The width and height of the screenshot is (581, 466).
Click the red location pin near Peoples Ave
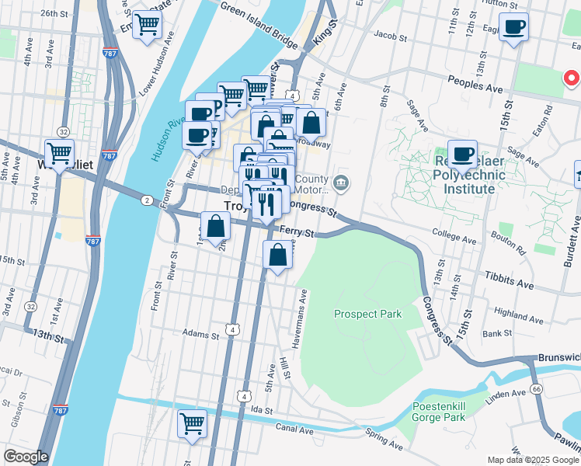571,78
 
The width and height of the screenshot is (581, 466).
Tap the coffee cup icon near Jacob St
513,28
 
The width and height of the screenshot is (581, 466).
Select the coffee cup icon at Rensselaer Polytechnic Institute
463,155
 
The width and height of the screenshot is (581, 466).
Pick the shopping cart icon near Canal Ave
192,424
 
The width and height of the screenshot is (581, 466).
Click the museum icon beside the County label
341,183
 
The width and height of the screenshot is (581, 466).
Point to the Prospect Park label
367,314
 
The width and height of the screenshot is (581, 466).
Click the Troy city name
226,207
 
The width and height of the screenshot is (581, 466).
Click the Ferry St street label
298,231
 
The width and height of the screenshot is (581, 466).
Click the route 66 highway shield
536,388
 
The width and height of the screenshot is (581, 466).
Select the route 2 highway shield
146,200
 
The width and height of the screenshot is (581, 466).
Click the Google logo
26,457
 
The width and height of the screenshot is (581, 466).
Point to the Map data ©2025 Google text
533,460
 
